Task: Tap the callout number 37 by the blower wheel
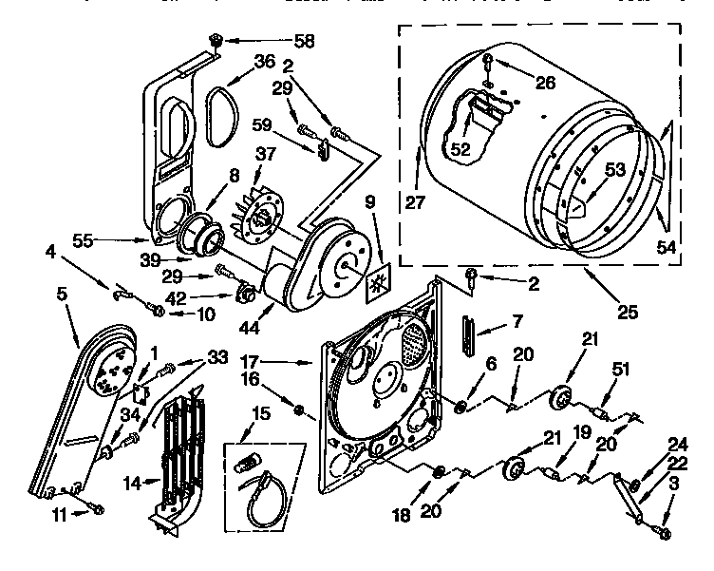click(265, 155)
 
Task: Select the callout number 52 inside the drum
click(460, 150)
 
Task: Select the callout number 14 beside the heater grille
click(135, 483)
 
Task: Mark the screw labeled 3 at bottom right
click(664, 534)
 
